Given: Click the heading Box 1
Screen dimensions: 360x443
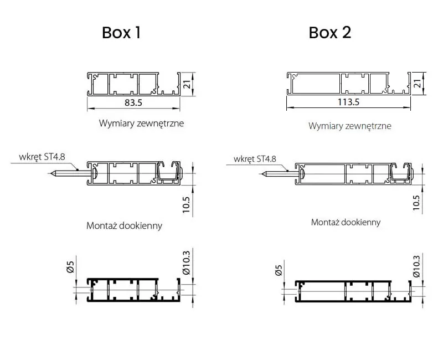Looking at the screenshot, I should point(121,33).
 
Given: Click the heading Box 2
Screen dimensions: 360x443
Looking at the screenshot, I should point(330,33).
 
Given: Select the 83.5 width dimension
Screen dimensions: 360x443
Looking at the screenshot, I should point(133,103).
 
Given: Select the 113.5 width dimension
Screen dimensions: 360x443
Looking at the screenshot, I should point(349,102).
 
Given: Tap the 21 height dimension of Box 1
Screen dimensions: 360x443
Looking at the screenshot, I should point(187,84).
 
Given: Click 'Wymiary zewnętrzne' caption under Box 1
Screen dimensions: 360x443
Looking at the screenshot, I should point(141,123).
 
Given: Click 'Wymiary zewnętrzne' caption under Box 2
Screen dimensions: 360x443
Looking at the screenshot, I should point(349,126).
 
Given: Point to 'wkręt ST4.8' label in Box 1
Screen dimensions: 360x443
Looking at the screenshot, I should point(42,157).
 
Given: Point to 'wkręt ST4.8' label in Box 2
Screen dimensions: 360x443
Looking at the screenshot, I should point(255,159).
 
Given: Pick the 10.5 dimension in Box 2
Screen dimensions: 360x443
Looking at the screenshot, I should point(416,203).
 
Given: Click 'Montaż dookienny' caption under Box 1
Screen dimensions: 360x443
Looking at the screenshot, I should point(124,225).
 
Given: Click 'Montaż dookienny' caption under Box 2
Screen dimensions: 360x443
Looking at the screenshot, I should point(346,222).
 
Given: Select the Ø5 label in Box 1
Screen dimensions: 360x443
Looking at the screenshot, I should point(70,268).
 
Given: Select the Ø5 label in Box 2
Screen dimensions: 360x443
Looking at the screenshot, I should point(279,271).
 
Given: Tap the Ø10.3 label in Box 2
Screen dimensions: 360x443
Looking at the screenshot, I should point(416,266).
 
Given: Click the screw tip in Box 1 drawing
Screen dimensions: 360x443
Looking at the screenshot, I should point(51,173).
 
